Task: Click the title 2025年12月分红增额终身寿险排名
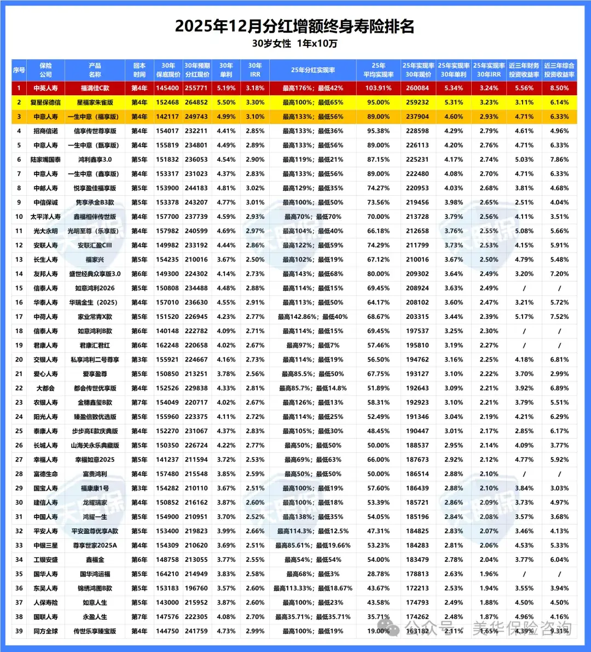coord(295,26)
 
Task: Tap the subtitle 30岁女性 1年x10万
coord(295,44)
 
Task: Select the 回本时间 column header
coord(139,70)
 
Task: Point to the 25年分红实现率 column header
coord(313,70)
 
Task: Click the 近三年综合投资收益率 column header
coord(559,70)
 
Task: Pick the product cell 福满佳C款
coord(95,88)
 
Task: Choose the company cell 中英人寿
coord(45,88)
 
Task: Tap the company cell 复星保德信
coord(45,102)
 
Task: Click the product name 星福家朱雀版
coord(95,102)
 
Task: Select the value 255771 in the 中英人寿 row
coord(196,88)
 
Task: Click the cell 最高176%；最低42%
coord(313,88)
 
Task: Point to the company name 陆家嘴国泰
coord(45,160)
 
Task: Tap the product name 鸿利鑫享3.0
coord(95,160)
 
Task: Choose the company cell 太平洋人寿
coord(45,217)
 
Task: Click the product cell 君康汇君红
coord(95,346)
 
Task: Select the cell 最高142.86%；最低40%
coord(313,317)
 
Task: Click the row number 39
coord(19,631)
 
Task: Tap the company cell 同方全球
coord(45,631)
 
